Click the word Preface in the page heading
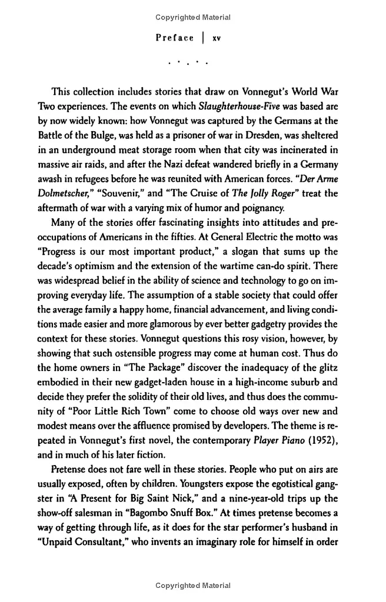174,38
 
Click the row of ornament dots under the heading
188,62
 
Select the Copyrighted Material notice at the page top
193,18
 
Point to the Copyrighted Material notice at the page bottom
193,586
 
